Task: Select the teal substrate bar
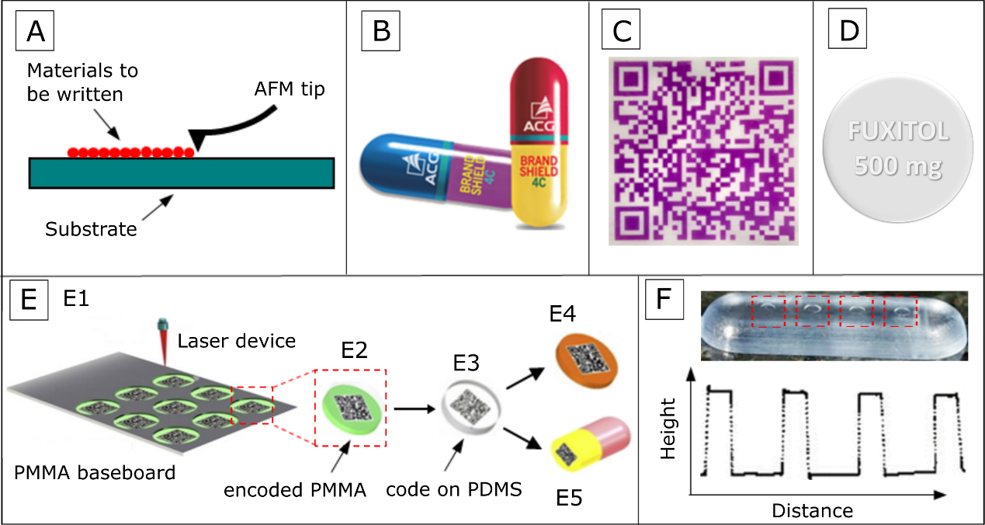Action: click(x=181, y=172)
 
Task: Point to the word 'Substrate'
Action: click(x=91, y=230)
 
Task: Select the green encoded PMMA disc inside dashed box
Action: click(x=350, y=405)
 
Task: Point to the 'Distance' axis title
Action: click(x=812, y=511)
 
